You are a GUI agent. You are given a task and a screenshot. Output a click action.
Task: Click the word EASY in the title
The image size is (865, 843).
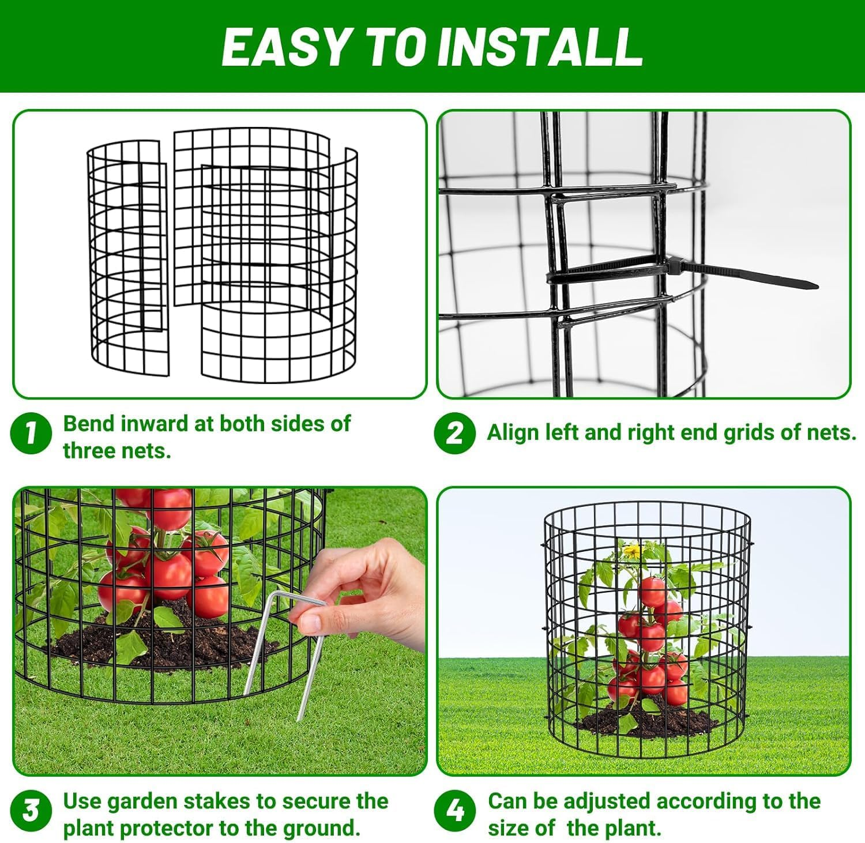coord(286,47)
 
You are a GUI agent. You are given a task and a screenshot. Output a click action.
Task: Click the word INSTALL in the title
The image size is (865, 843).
coord(540,47)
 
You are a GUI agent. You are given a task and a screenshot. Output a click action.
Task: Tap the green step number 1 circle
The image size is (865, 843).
coord(31,433)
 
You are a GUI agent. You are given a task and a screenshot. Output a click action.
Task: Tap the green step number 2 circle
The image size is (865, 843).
coord(455,433)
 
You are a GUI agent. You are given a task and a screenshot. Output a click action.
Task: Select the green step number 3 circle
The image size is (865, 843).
coord(31,810)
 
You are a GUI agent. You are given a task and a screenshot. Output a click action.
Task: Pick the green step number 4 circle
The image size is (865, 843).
coord(455,810)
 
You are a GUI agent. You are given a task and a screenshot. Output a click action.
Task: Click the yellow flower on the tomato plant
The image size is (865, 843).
coord(633,551)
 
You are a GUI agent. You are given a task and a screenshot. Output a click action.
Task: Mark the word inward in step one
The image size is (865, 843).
coord(152,424)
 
